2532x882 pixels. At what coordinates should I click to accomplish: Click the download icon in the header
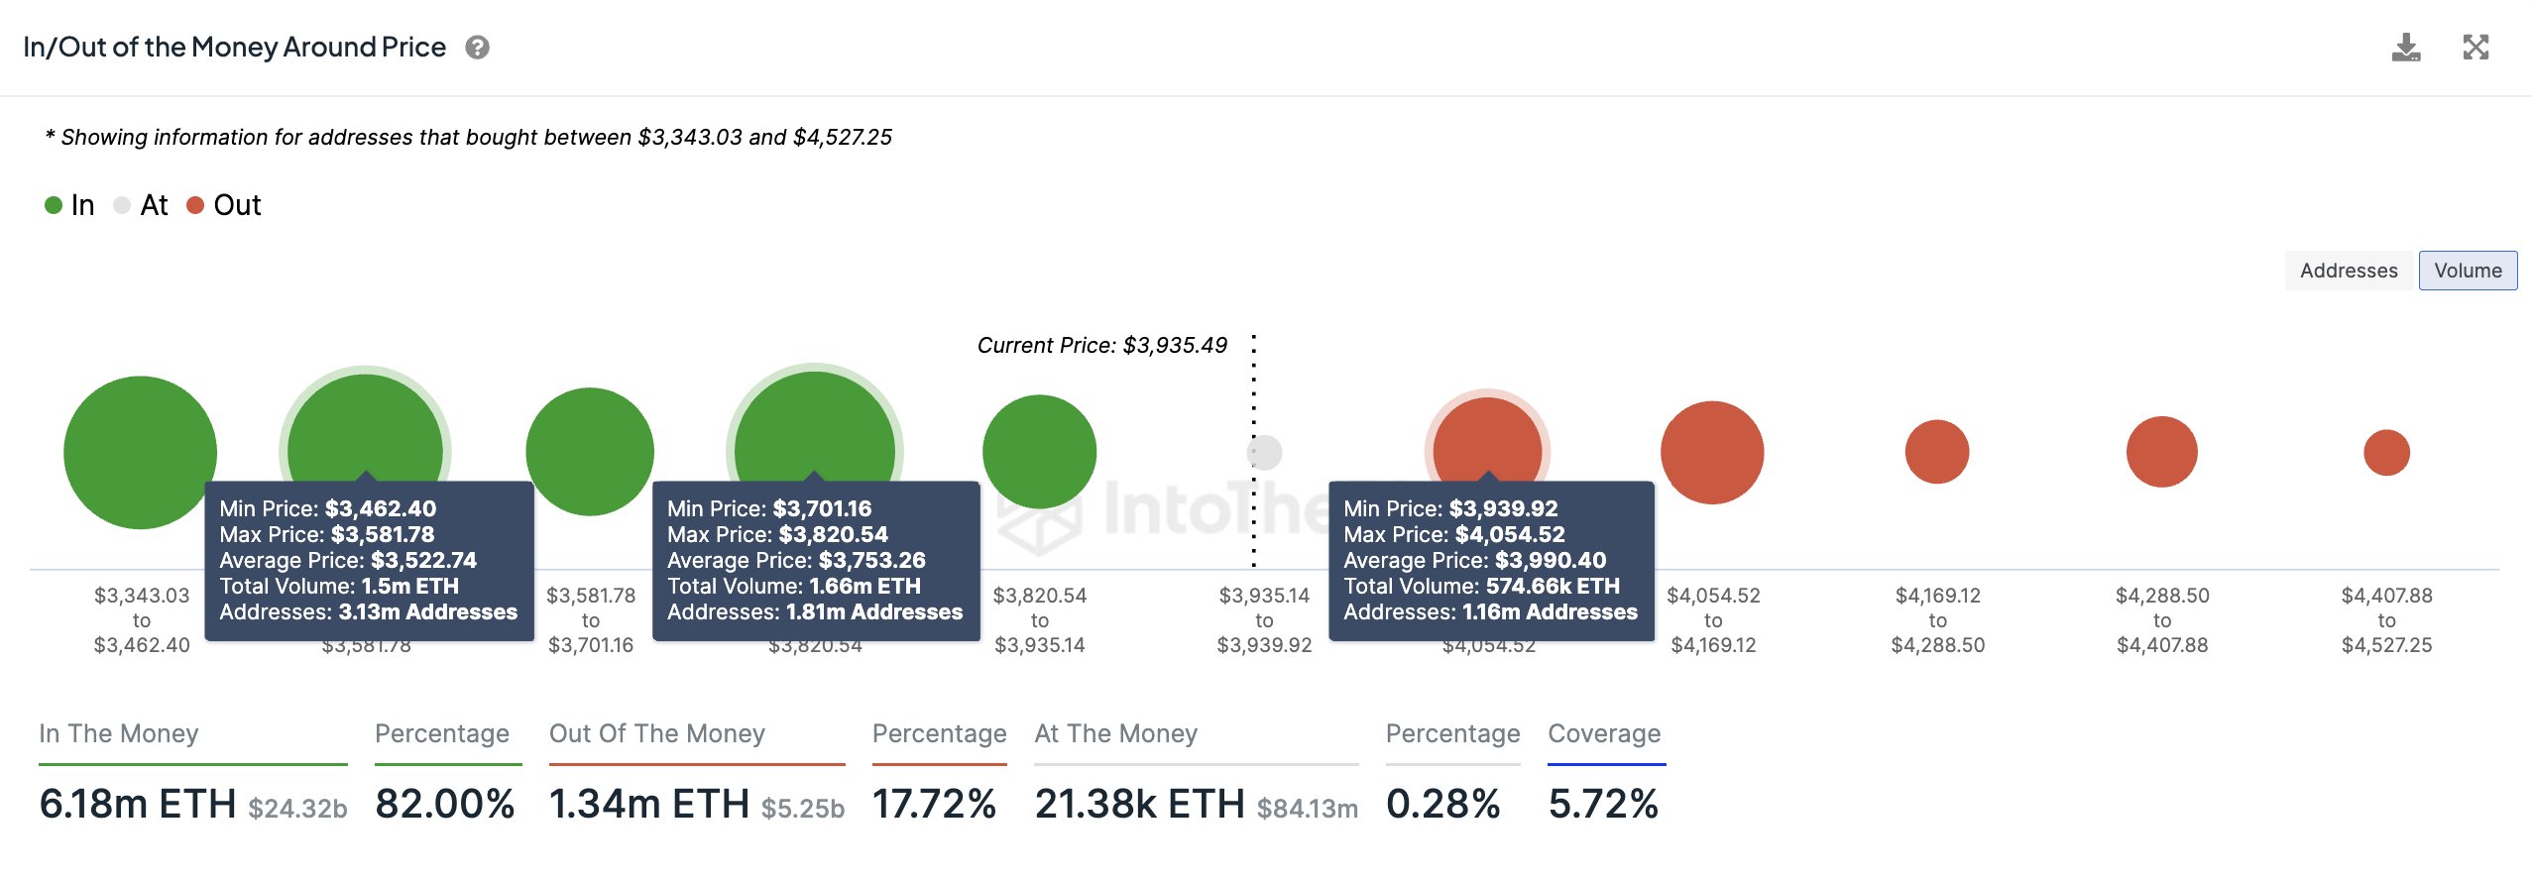(x=2405, y=48)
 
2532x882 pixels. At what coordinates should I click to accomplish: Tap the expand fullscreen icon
(x=2475, y=48)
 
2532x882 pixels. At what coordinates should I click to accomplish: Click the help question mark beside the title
(x=477, y=48)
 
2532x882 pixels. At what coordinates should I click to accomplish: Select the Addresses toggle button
(x=2348, y=271)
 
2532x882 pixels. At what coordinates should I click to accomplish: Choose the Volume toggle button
(x=2467, y=271)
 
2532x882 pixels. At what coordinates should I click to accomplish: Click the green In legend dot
(x=54, y=205)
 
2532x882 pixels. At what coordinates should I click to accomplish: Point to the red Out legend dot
(x=195, y=205)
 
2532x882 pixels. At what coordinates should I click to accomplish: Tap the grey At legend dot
(x=122, y=205)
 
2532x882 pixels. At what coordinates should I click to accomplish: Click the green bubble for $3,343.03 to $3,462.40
(x=140, y=452)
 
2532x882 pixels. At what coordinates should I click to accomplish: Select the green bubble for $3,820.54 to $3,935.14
(x=1039, y=452)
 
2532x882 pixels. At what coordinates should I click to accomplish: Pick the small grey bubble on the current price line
(x=1264, y=452)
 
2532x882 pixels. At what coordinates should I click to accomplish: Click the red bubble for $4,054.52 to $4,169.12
(x=1712, y=452)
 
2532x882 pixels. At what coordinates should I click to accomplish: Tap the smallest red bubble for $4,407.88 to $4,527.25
(x=2386, y=452)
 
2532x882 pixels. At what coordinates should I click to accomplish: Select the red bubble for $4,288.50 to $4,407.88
(x=2161, y=452)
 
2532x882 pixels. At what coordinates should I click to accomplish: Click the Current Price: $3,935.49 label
(x=1101, y=345)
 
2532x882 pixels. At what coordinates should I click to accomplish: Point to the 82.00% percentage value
(x=445, y=804)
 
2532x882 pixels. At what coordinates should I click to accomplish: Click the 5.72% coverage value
(x=1603, y=804)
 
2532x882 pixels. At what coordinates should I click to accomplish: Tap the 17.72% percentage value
(x=934, y=804)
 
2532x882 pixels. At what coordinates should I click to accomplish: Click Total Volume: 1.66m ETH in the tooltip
(x=794, y=586)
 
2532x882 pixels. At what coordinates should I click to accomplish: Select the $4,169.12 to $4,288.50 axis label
(x=1937, y=620)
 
